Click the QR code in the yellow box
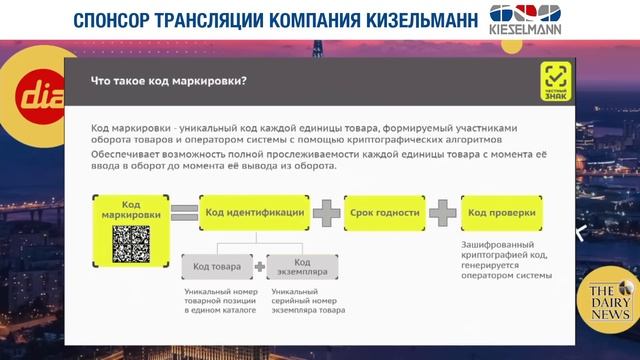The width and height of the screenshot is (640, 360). pos(131,243)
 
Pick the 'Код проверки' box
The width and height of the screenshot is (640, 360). pos(501,212)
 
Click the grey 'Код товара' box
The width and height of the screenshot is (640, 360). pos(216,267)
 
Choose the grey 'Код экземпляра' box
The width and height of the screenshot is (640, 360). pos(303,267)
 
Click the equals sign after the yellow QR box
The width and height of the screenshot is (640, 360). pos(183,212)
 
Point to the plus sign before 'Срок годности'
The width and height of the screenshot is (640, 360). pos(326,212)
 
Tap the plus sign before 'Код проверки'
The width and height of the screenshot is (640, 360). pos(441,212)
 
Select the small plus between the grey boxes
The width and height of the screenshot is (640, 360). pos(260,267)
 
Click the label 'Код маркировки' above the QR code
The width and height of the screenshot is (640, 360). pos(130,209)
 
